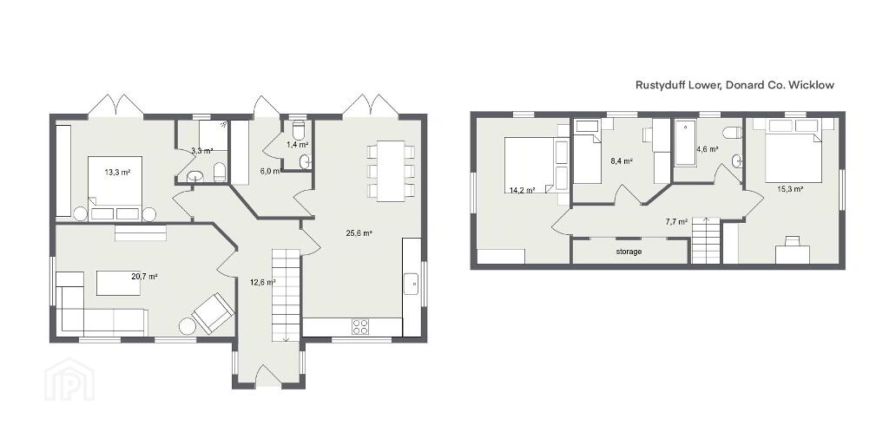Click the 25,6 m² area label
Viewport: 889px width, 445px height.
pos(359,232)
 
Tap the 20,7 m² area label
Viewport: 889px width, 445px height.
pos(144,277)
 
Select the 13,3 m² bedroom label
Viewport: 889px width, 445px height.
pos(117,172)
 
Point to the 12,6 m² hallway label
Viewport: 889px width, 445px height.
pos(263,281)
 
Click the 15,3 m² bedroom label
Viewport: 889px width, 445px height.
pos(790,189)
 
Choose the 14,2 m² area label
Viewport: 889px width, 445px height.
pos(522,191)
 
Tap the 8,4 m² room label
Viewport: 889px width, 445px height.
pos(622,160)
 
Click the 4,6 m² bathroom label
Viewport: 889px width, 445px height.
pos(708,149)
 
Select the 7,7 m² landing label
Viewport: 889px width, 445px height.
pos(676,222)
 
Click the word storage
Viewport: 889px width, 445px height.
pos(629,252)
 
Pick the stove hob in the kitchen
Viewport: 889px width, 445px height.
pos(361,327)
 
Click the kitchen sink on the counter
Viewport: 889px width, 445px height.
pos(411,284)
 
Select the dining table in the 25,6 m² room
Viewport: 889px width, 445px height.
pos(391,171)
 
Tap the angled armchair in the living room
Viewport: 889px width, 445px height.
pos(214,312)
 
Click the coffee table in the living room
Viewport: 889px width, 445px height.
pos(118,283)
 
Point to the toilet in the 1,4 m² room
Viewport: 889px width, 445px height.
pos(299,129)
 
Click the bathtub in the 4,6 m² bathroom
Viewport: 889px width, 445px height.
pos(686,142)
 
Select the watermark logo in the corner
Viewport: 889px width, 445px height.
pos(69,380)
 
